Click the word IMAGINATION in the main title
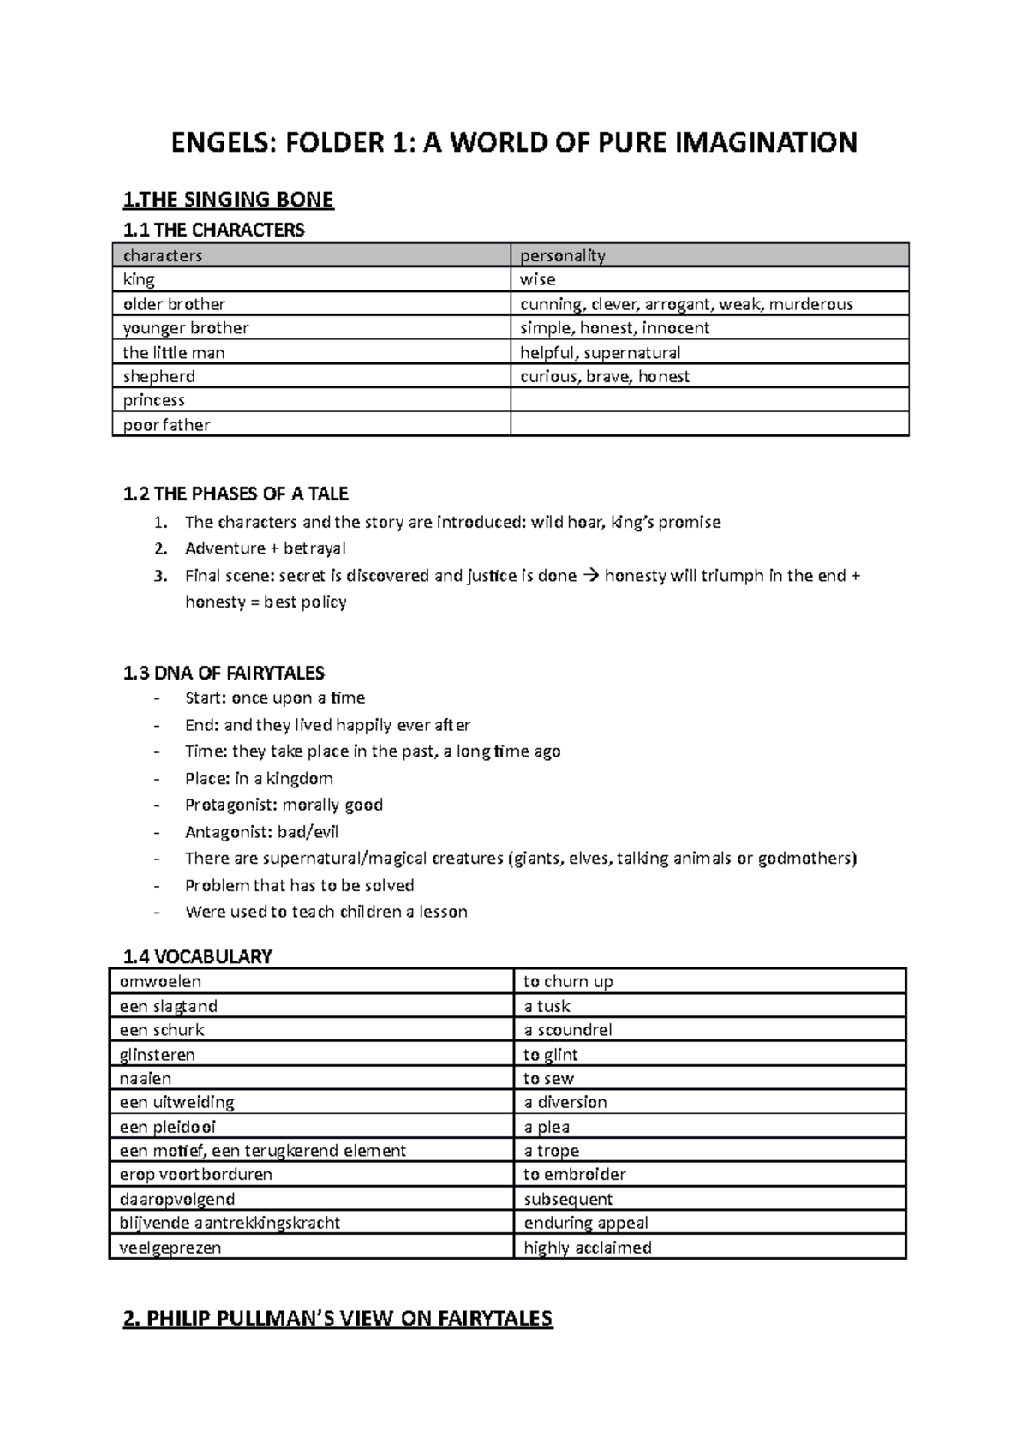click(x=767, y=141)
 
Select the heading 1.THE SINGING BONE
click(x=228, y=200)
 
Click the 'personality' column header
click(x=562, y=255)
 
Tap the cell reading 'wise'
click(x=538, y=279)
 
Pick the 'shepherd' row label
click(x=158, y=376)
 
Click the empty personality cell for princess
click(x=708, y=400)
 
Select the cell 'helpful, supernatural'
click(x=600, y=352)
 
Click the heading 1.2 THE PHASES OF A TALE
click(x=236, y=494)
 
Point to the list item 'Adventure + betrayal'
click(x=265, y=548)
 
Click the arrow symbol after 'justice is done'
click(x=590, y=576)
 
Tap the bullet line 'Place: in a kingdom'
click(x=259, y=778)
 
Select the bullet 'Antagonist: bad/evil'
click(x=261, y=831)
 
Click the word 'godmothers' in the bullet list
click(x=806, y=858)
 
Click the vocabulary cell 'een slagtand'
click(x=168, y=1006)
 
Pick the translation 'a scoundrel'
click(x=567, y=1030)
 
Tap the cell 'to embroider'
click(x=574, y=1174)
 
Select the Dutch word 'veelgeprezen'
click(x=170, y=1247)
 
